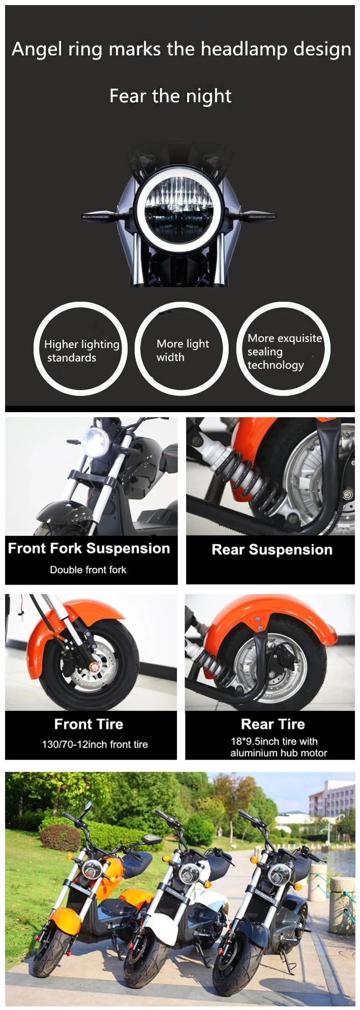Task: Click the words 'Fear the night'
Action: (x=170, y=96)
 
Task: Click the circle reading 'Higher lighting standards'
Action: (x=80, y=350)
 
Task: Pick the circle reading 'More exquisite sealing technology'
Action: (x=283, y=350)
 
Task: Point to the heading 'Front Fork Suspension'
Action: (x=89, y=549)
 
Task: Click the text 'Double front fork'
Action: (x=88, y=570)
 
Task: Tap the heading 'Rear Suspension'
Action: (x=272, y=550)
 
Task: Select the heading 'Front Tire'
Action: (x=88, y=724)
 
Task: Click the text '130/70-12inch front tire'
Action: (x=95, y=744)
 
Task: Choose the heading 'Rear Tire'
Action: (x=273, y=724)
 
